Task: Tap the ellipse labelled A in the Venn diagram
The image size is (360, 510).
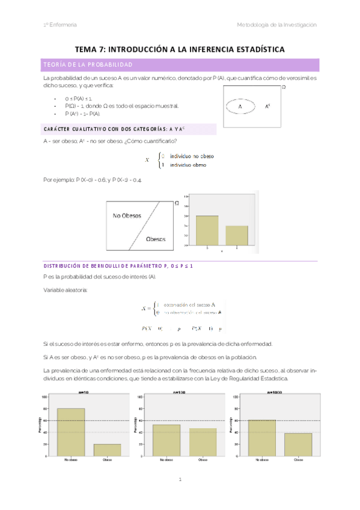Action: click(242, 106)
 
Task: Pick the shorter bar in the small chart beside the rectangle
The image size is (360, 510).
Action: click(237, 235)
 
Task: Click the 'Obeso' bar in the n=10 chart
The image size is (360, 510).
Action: click(107, 450)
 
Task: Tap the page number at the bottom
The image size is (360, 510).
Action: click(180, 479)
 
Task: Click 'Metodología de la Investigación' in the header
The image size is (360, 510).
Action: click(276, 25)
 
